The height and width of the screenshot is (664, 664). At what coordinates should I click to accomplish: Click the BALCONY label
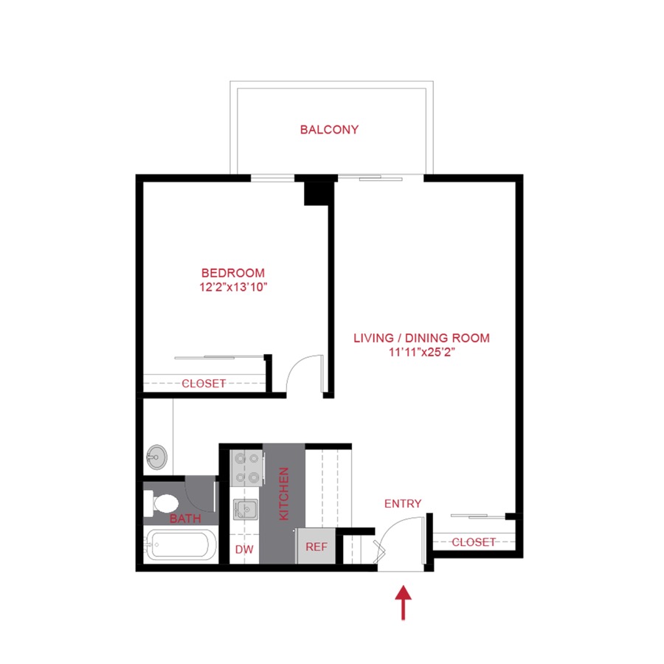(x=329, y=130)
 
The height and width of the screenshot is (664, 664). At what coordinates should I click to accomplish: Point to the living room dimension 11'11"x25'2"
(x=421, y=353)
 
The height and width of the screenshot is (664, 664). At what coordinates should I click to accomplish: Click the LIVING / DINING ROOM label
(x=421, y=339)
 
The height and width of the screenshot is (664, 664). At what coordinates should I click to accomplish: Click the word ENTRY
(x=403, y=504)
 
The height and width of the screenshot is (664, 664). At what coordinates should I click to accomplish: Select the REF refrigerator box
(x=316, y=547)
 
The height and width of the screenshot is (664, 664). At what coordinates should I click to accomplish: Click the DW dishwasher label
(x=243, y=550)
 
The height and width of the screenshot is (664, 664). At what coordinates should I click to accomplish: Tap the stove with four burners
(x=246, y=467)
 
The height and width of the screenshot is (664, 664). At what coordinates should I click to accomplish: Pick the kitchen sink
(x=244, y=510)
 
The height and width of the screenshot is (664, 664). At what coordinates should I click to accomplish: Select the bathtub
(x=181, y=547)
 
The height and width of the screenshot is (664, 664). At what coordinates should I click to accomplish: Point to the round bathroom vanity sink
(x=156, y=457)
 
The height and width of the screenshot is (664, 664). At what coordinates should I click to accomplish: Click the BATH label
(x=185, y=519)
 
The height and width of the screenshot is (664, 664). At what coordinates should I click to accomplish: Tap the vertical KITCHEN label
(x=283, y=493)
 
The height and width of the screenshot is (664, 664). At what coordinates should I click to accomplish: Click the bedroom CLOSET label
(x=204, y=384)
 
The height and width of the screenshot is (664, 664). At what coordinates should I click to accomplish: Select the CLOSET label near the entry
(x=474, y=542)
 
